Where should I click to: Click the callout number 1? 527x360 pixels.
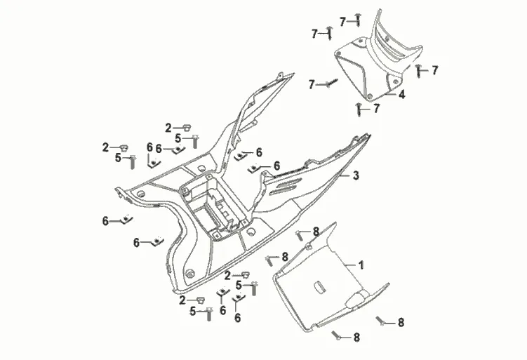[x=361, y=265]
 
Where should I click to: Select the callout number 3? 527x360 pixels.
[x=356, y=176]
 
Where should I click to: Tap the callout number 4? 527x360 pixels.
[x=402, y=95]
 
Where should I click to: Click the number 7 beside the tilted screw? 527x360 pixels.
[x=311, y=85]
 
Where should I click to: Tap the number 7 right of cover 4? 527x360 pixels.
[x=435, y=70]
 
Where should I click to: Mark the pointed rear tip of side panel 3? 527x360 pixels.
[x=369, y=136]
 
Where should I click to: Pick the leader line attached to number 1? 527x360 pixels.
[x=347, y=264]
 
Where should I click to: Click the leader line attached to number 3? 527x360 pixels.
[x=344, y=174]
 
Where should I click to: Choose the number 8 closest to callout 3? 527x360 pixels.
[x=316, y=231]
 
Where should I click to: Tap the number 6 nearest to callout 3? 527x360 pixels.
[x=259, y=152]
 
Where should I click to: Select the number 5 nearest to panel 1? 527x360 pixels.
[x=239, y=285]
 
